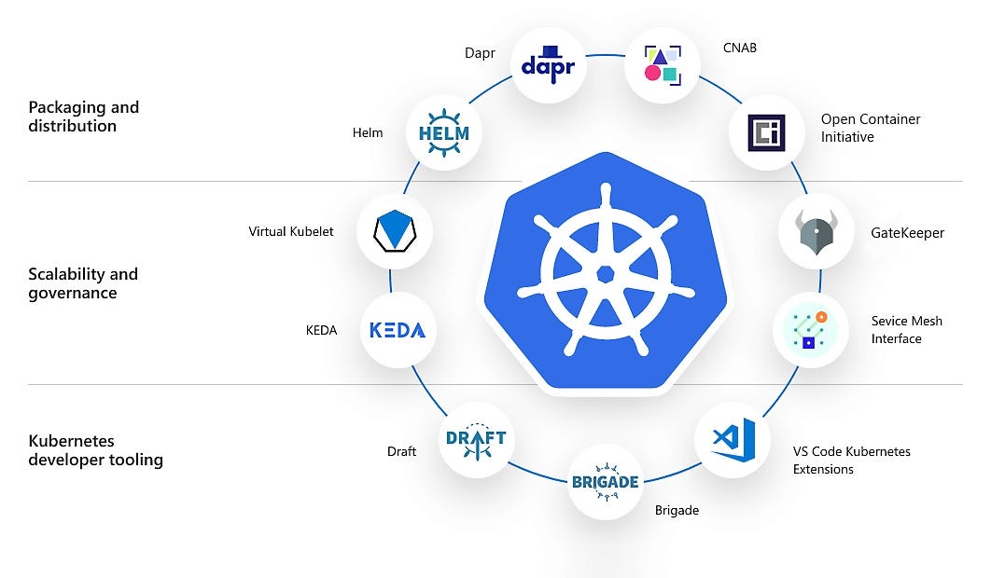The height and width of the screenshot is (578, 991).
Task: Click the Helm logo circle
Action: (444, 133)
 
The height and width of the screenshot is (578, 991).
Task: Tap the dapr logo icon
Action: (549, 65)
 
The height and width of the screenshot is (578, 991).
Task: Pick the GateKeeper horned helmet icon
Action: (816, 232)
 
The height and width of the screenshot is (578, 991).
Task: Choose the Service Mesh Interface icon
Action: (810, 329)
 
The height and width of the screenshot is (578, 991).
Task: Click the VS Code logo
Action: (733, 439)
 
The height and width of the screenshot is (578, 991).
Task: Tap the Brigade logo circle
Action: (606, 482)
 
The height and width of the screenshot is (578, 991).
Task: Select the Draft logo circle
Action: (476, 440)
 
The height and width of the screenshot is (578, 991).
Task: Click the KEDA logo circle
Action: (398, 330)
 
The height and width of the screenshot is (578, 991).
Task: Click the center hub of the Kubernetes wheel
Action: (605, 274)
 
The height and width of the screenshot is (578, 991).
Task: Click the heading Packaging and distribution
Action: (84, 117)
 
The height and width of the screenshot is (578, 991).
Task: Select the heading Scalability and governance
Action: (83, 283)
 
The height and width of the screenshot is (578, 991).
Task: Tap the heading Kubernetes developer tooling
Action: (96, 450)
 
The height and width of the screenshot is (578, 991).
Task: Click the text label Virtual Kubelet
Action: (290, 231)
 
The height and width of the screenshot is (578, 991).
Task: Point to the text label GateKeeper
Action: (907, 233)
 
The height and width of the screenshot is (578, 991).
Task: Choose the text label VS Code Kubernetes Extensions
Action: (851, 460)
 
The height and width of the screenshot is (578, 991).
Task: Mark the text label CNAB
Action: (740, 48)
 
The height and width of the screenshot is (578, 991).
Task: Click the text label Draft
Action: (401, 451)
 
